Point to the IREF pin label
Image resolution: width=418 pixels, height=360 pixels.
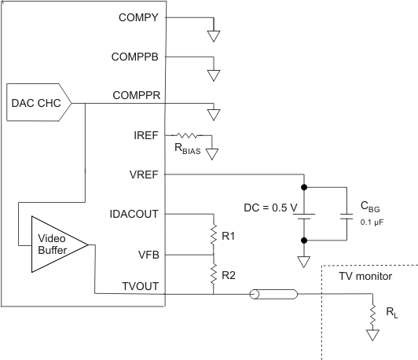tap(147, 135)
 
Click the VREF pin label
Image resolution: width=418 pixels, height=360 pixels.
tap(145, 174)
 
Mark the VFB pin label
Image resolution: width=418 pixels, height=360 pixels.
tap(149, 254)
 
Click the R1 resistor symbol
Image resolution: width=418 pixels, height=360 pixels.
tap(213, 235)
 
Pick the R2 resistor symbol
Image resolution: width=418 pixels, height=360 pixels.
tap(213, 274)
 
